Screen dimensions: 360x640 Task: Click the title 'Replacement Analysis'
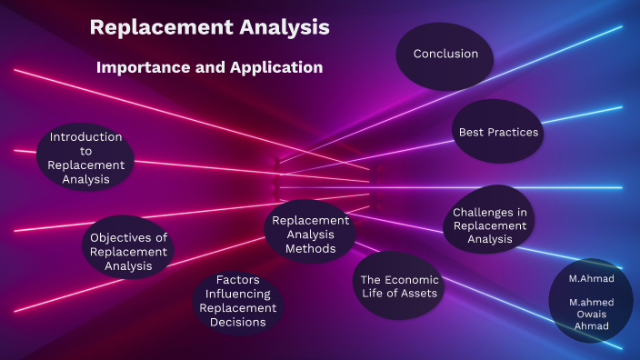(209, 27)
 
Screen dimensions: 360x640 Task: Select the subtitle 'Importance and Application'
(209, 67)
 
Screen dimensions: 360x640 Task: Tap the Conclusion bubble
(445, 55)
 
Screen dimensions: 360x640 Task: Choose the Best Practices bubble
(498, 132)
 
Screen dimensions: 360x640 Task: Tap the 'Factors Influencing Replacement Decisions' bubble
(238, 301)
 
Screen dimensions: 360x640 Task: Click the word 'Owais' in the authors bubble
(591, 314)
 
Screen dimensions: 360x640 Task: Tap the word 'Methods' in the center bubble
(310, 248)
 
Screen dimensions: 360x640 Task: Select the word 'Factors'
(238, 279)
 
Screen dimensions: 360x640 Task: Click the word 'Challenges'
(489, 212)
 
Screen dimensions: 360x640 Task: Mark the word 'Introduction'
(86, 137)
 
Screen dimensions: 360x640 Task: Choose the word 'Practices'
(514, 132)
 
